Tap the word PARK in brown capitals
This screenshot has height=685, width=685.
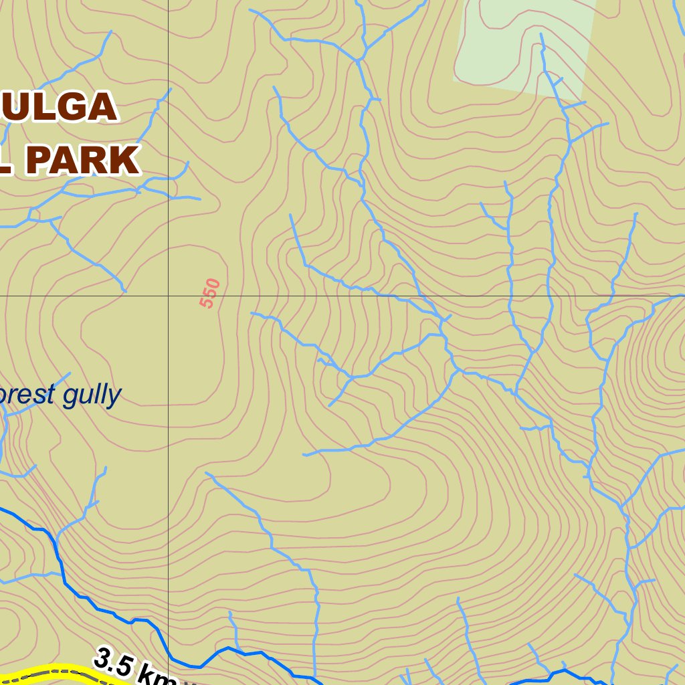(84, 161)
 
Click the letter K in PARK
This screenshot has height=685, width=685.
(126, 161)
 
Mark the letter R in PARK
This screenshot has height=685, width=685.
(98, 161)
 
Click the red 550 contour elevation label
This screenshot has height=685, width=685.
(210, 293)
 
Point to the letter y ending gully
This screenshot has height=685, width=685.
(115, 397)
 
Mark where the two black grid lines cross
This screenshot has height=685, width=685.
(168, 295)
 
